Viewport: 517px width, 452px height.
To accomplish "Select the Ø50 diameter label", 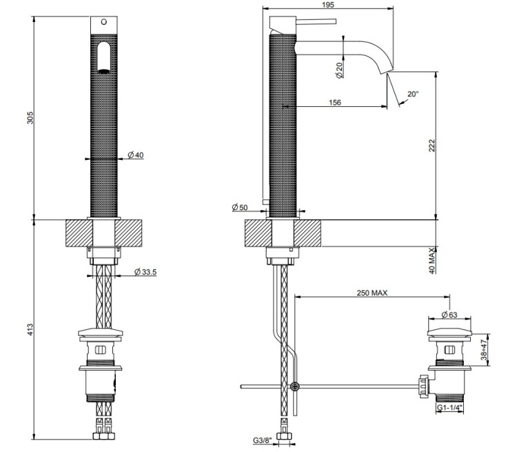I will click(239, 207).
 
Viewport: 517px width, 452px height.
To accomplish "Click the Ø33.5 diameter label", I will click(145, 272).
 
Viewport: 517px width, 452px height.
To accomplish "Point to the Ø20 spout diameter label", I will click(338, 68).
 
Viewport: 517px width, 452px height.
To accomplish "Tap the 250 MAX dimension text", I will click(372, 292).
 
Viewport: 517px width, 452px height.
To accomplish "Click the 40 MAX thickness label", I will click(432, 261).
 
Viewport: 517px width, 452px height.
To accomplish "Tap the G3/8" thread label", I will click(261, 439).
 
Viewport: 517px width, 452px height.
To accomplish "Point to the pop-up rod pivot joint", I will click(295, 387).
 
